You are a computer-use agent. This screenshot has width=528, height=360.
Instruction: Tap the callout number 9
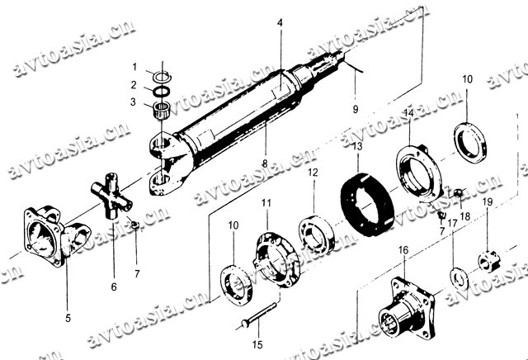[x=356, y=109]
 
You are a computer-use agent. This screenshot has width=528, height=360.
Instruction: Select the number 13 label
[x=357, y=146]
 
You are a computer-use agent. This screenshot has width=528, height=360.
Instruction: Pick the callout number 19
[x=488, y=201]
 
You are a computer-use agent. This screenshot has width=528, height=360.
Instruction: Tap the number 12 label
[x=313, y=173]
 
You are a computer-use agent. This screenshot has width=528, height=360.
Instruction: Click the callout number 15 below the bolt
[x=257, y=343]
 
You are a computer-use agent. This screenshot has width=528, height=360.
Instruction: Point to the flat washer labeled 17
[x=456, y=274]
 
